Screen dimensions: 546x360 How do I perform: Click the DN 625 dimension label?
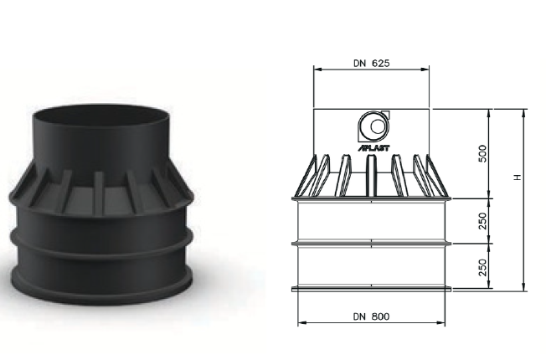[372, 64]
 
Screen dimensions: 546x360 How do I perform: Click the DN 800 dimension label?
[372, 316]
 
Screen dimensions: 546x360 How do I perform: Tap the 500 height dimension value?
[482, 153]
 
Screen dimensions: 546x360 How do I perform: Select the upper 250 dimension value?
[482, 221]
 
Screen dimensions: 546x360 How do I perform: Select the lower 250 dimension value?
[482, 267]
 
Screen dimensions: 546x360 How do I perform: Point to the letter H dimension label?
[518, 177]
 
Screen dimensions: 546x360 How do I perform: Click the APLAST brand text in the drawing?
[374, 148]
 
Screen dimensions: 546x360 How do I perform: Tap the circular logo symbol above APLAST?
[373, 126]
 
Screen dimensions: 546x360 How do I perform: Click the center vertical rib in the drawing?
[371, 176]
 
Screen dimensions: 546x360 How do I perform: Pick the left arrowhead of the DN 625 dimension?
[317, 69]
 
